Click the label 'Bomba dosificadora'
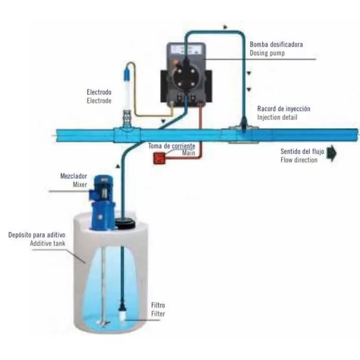coord(276,44)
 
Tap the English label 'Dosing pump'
coord(267,53)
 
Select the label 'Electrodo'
coord(99,93)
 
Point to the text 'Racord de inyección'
coord(284,109)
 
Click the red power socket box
coord(159,158)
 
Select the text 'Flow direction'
coord(302,161)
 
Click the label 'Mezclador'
coord(75,177)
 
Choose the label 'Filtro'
coord(158,304)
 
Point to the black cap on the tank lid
coord(125,223)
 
